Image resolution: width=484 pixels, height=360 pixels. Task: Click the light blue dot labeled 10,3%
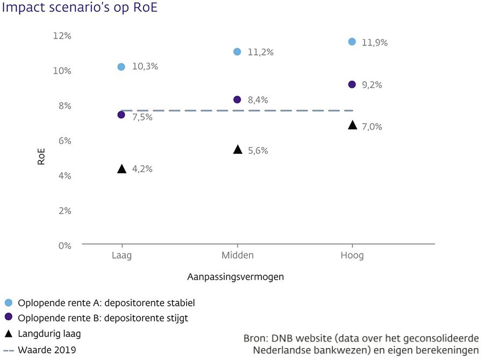[x=121, y=67]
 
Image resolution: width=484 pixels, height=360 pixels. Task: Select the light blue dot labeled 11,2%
[x=237, y=52]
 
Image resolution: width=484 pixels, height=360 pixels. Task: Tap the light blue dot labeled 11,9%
[x=352, y=41]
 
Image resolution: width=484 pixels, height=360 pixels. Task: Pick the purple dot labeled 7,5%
[x=121, y=115]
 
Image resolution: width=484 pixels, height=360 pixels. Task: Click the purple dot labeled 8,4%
[x=237, y=100]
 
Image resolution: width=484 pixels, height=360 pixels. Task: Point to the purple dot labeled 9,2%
[x=352, y=84]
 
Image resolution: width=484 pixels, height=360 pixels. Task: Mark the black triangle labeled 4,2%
[x=122, y=170]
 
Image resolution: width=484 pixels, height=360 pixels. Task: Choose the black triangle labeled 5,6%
[x=237, y=150]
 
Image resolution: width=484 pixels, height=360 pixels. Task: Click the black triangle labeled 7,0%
[x=352, y=125]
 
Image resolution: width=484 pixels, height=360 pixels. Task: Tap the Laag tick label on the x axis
[x=122, y=255]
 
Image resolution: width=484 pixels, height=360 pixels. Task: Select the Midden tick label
[x=237, y=255]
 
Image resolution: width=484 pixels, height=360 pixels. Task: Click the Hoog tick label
[x=352, y=255]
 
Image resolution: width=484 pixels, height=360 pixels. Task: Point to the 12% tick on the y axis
[x=62, y=36]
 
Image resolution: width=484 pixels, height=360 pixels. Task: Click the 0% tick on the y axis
[x=65, y=245]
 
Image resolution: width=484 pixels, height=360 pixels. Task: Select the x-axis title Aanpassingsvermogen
[x=236, y=277]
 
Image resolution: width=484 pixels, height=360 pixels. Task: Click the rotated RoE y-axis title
[x=41, y=156]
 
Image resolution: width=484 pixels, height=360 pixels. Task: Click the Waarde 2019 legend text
[x=47, y=350]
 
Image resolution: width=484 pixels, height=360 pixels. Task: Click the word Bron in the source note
[x=255, y=338]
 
